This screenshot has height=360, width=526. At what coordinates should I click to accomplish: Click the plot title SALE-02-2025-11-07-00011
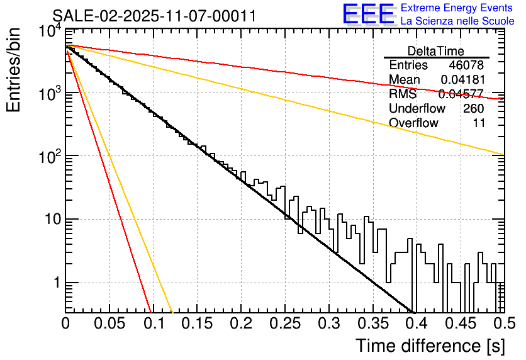pos(154,16)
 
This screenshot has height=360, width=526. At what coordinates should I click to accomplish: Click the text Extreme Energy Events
pos(457,8)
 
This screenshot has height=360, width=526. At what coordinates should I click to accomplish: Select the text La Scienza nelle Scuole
pos(457,21)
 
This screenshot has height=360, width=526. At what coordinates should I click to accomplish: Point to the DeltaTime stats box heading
pos(436,51)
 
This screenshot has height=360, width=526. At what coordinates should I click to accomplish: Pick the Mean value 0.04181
pos(462,80)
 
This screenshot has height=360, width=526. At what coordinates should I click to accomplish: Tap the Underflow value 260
pos(473,108)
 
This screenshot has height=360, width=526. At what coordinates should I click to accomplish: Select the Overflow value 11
pos(479,123)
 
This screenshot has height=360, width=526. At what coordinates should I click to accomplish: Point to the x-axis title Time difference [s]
pos(430,346)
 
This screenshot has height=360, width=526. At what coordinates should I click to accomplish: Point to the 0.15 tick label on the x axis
pos(196,324)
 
